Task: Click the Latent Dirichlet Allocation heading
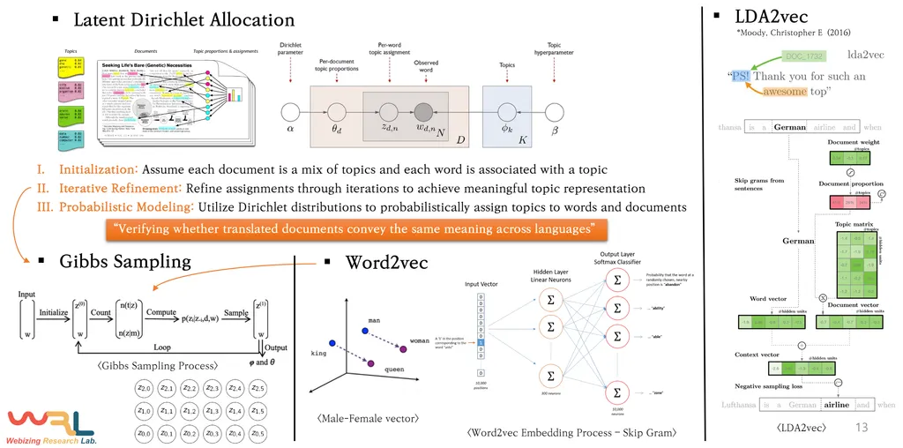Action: [183, 19]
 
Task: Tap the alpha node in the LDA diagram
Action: [290, 112]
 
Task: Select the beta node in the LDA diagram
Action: [554, 112]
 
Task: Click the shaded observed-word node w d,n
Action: [425, 112]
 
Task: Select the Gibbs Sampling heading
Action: [124, 262]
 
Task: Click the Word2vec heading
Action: [386, 262]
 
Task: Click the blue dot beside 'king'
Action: [331, 342]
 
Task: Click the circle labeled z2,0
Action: [144, 389]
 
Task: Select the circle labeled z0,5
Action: [257, 433]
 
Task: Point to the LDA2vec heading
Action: [771, 17]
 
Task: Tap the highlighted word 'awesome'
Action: [785, 91]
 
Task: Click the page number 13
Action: [863, 429]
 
